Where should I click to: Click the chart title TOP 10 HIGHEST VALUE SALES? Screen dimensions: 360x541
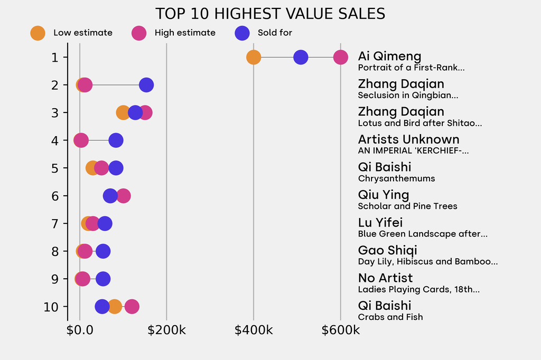270,13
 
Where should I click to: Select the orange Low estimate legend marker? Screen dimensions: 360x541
38,33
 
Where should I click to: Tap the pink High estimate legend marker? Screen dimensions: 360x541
139,33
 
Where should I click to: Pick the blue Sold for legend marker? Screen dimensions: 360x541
241,33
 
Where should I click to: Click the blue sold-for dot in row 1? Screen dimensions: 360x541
301,57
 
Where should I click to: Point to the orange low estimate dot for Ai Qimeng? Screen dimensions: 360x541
254,57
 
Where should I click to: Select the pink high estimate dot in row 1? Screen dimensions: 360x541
341,57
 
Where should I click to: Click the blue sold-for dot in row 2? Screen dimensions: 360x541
146,84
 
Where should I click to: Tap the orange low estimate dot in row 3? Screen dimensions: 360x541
122,112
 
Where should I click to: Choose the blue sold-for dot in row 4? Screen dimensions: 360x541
116,140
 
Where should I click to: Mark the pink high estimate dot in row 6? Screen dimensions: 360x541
124,196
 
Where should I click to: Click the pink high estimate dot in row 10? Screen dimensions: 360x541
132,306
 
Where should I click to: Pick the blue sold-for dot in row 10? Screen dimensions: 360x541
102,306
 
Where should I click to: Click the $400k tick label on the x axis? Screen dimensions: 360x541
254,330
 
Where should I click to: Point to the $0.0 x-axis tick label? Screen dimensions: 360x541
80,330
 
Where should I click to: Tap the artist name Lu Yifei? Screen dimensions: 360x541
380,222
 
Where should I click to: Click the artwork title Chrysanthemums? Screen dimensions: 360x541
396,178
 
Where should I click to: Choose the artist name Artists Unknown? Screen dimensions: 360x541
408,139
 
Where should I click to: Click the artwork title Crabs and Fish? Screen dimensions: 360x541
390,317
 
